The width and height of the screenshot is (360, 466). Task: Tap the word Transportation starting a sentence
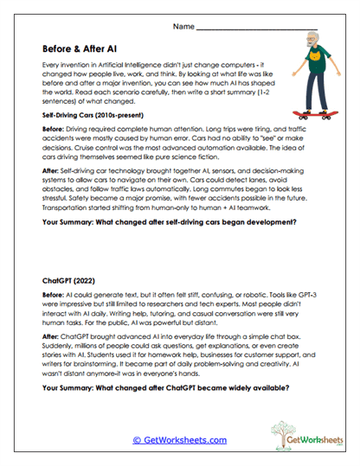(69, 206)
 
